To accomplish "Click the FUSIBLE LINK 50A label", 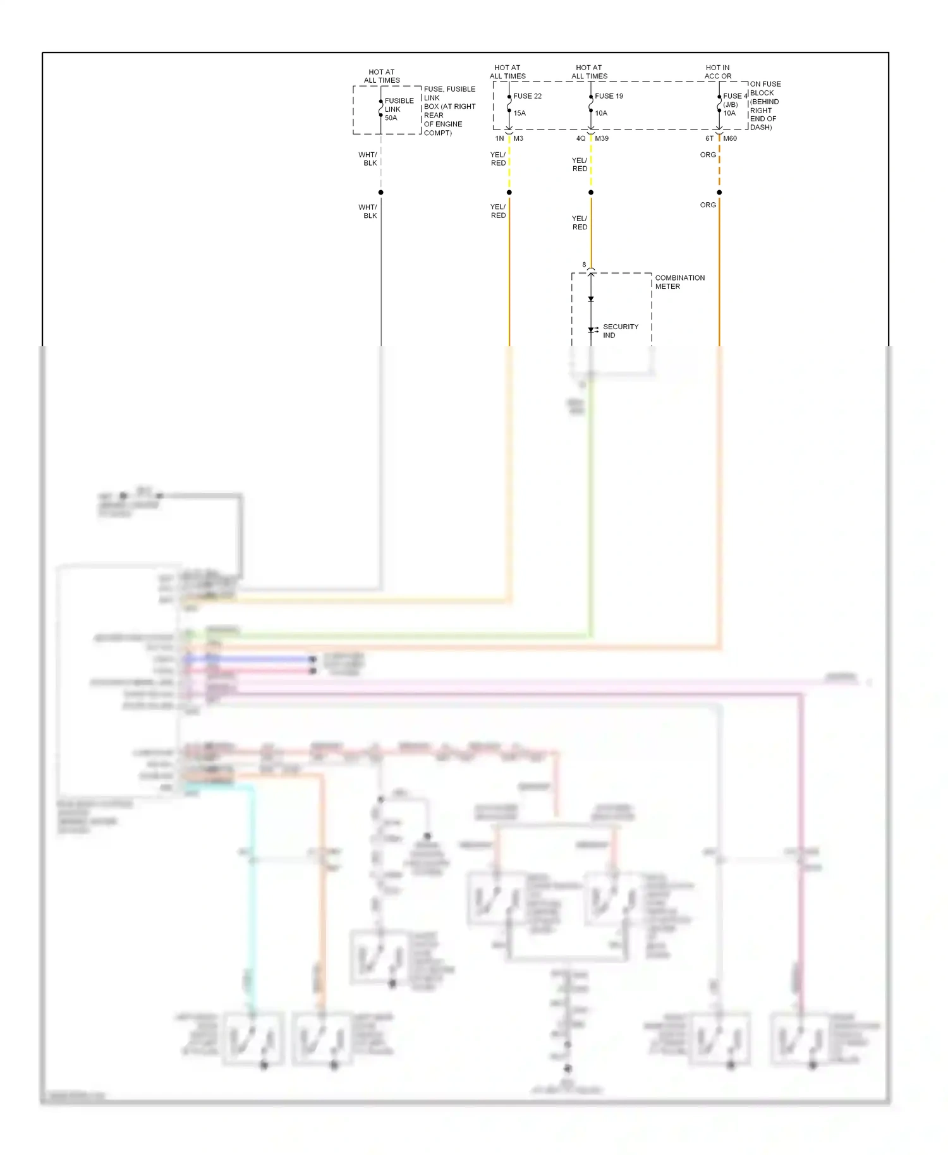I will (x=399, y=109).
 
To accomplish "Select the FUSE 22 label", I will (x=527, y=96).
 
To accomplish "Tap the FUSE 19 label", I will (x=609, y=96).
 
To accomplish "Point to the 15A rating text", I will (x=520, y=113).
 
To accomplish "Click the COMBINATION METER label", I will (x=679, y=282).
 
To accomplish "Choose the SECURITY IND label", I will (x=620, y=331).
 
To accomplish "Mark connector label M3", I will (x=518, y=138).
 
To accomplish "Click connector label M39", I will (x=602, y=138).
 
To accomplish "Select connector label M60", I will (x=730, y=138).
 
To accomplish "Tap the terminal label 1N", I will (x=499, y=138).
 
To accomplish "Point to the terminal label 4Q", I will (x=581, y=138).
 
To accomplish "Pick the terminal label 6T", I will (x=709, y=138).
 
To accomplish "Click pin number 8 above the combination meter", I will (x=584, y=265).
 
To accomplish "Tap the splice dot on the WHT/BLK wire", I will (x=381, y=192).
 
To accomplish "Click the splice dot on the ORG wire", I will (x=719, y=192).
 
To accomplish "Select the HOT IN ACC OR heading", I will (x=718, y=72).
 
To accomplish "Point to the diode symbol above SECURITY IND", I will (x=591, y=299).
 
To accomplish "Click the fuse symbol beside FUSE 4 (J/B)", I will (x=719, y=104).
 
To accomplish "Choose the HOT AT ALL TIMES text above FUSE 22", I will (x=507, y=72).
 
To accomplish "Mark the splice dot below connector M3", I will (x=509, y=192).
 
